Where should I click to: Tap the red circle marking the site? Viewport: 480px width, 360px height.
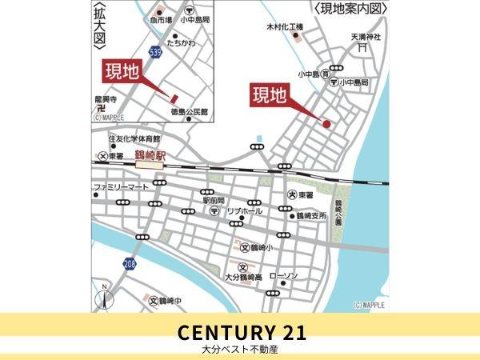[x=326, y=123]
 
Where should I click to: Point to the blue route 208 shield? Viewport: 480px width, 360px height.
[x=129, y=262]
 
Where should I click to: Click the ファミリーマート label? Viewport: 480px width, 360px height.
[x=120, y=188]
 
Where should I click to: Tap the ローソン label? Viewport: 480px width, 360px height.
[x=284, y=276]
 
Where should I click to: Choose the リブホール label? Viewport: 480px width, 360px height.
[x=245, y=210]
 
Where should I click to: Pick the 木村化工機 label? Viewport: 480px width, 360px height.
[x=285, y=28]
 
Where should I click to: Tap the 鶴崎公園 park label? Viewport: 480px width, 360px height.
[x=338, y=213]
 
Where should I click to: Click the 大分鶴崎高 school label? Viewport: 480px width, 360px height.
[x=243, y=277]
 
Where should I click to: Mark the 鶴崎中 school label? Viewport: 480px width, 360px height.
[x=167, y=301]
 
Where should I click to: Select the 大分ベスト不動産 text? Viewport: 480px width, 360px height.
[x=240, y=350]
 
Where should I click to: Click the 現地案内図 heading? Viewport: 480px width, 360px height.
[x=350, y=9]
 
